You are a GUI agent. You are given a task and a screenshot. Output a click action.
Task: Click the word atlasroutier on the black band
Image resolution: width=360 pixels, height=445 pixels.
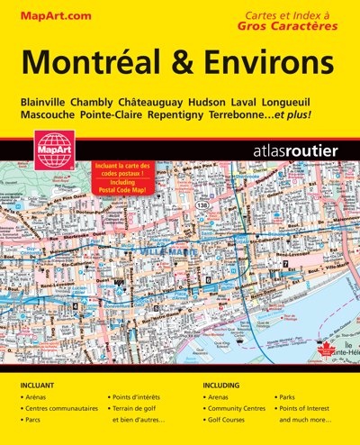point(296,151)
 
